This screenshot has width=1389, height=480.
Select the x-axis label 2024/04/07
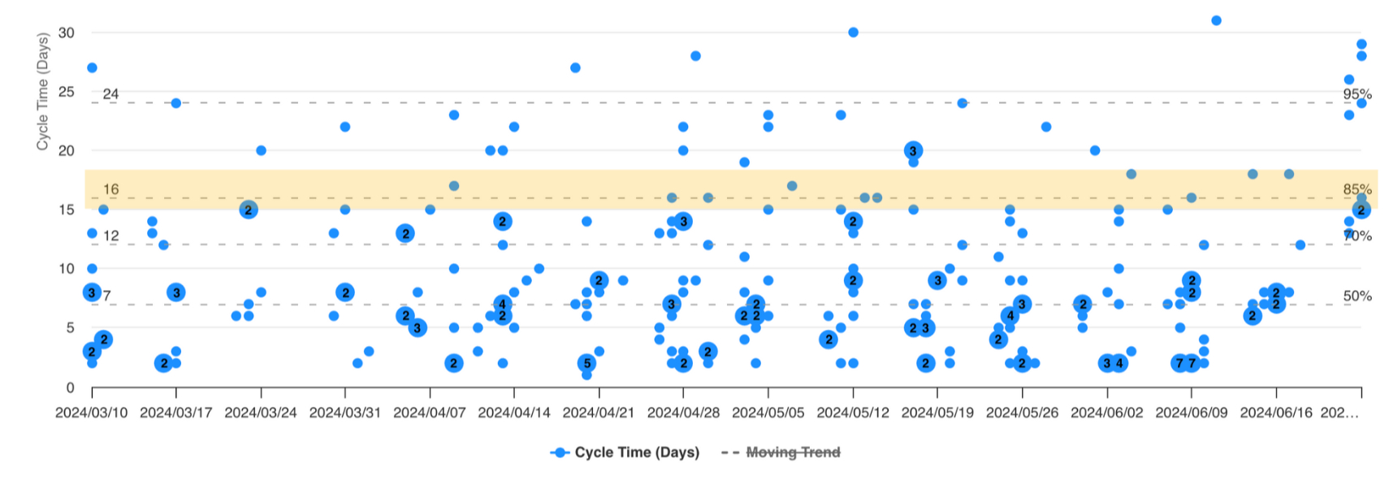pos(430,413)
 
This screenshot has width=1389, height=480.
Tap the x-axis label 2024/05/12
pos(852,413)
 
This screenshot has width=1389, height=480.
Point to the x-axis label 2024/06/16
pos(1275,413)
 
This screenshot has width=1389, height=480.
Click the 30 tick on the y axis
pos(66,32)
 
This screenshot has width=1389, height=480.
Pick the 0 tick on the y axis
pos(70,387)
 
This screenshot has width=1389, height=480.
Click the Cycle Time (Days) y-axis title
pos(42,91)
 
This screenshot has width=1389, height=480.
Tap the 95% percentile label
pos(1357,94)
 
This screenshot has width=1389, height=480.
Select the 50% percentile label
pos(1357,296)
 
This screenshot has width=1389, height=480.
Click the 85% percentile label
pos(1357,189)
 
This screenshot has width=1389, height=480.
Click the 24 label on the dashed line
pos(110,94)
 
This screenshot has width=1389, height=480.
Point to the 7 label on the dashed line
pos(106,296)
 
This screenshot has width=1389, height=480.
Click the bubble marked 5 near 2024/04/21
pos(586,363)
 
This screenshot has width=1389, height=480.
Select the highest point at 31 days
pos(1216,20)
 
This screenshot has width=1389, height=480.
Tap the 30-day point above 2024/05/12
pos(853,32)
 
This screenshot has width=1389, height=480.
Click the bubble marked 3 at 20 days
pos(913,150)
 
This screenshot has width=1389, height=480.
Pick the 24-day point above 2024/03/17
pos(175,103)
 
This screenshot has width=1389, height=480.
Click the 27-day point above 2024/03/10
pos(92,67)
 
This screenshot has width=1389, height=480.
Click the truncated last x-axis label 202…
pos(1339,413)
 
